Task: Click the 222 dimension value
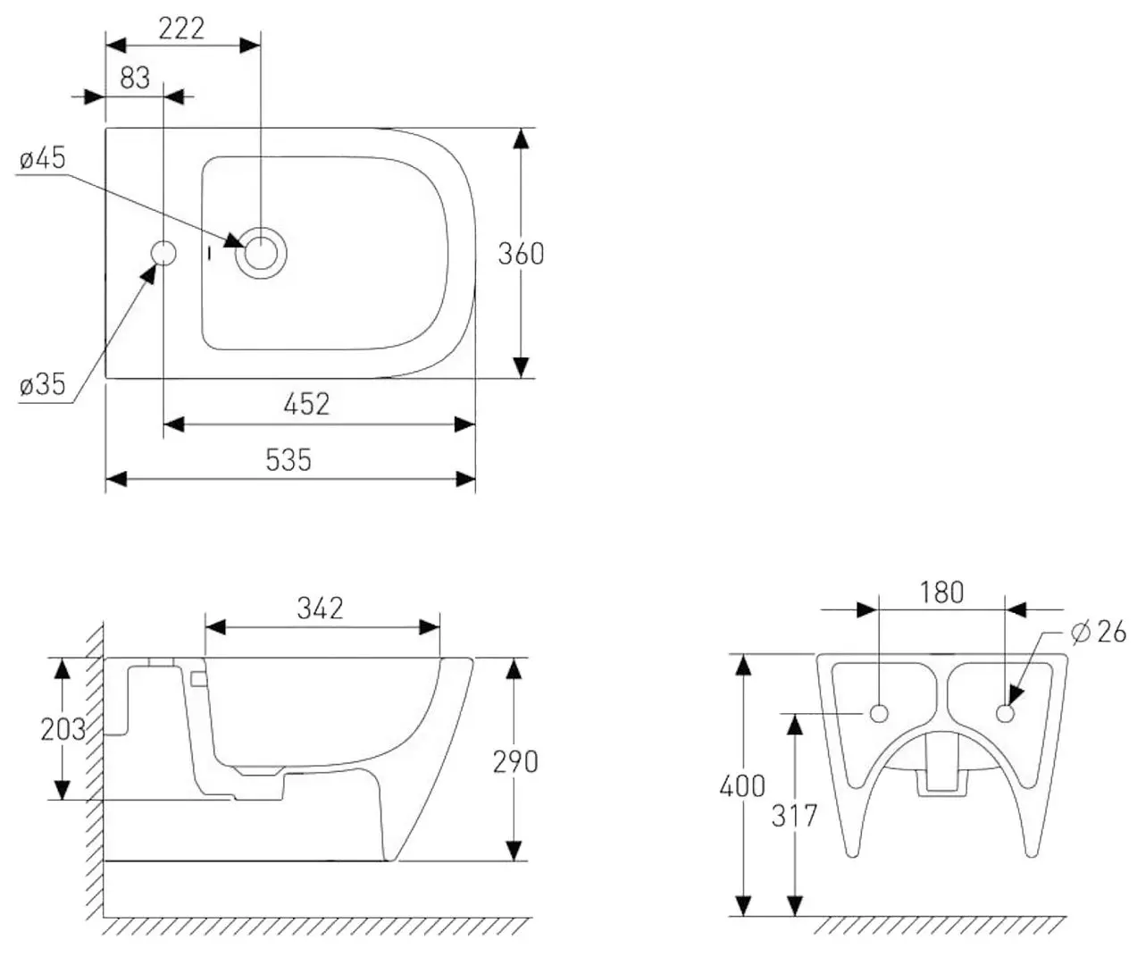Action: click(x=181, y=29)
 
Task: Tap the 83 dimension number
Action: click(x=135, y=79)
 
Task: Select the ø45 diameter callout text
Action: click(x=43, y=159)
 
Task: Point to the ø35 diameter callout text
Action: click(x=43, y=385)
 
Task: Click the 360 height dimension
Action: click(x=521, y=254)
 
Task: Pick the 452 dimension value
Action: click(x=306, y=405)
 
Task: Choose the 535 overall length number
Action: click(x=288, y=460)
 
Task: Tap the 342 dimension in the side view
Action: click(x=320, y=608)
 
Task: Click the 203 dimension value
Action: click(x=63, y=729)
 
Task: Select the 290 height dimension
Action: click(x=515, y=761)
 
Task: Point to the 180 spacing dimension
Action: click(x=941, y=592)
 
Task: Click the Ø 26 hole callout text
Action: click(x=1098, y=633)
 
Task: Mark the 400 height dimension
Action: click(x=742, y=786)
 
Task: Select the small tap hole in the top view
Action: click(x=163, y=253)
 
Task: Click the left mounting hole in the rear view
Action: click(x=879, y=713)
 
